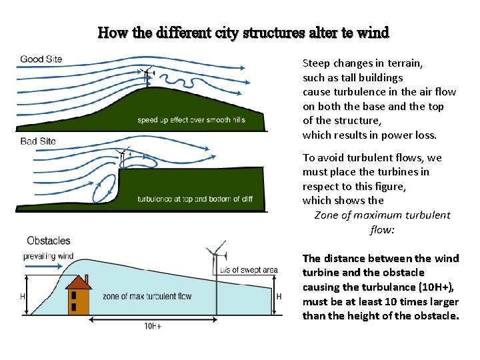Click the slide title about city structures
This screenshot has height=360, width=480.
click(243, 32)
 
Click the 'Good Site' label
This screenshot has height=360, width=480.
click(41, 59)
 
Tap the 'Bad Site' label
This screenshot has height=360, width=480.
click(38, 141)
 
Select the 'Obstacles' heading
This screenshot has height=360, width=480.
click(48, 241)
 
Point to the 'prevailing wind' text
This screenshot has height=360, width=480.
click(48, 256)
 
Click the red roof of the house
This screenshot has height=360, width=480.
click(79, 283)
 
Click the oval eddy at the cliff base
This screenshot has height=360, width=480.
click(103, 191)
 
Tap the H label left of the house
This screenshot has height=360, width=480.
click(22, 296)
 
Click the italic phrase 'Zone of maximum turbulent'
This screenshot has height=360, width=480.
click(382, 215)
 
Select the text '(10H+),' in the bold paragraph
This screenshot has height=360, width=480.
click(434, 287)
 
